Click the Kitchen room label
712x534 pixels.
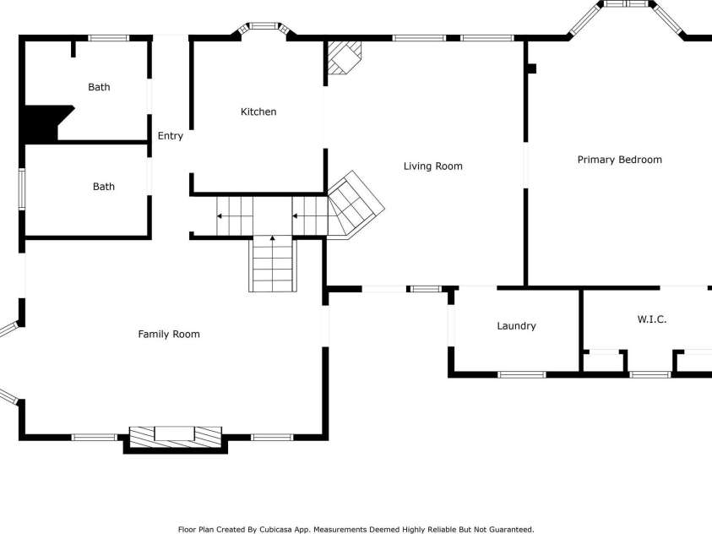(258, 112)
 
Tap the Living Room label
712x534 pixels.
(432, 166)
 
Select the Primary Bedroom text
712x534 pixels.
(619, 160)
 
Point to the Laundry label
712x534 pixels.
(516, 326)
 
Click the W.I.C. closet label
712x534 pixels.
(651, 319)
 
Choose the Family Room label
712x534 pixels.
(169, 335)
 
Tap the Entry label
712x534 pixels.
(170, 136)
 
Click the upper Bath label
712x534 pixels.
(99, 87)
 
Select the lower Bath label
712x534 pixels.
(103, 187)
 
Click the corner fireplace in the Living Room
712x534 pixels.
(344, 57)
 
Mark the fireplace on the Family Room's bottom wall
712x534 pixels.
(175, 436)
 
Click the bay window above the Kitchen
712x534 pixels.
(264, 27)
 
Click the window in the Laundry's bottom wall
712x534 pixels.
(521, 374)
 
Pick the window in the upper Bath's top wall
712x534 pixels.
(109, 37)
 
